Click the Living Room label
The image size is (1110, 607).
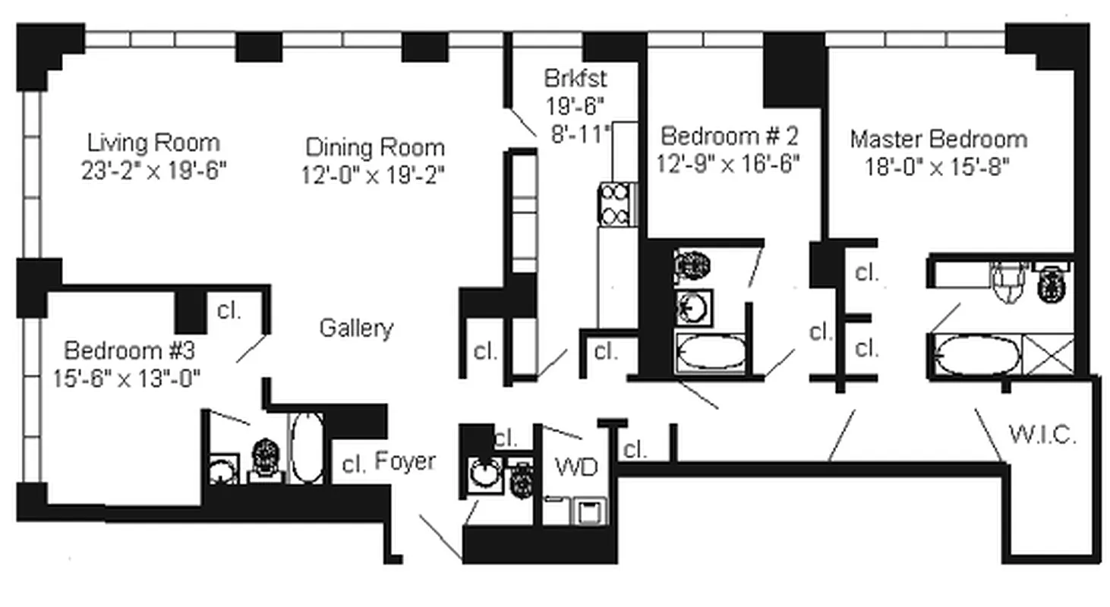point(153,143)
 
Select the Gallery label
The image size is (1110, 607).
point(356,329)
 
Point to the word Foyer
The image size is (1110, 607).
point(405,461)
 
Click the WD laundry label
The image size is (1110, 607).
point(576,467)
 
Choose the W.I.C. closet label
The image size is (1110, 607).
point(1042,436)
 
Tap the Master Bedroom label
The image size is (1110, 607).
point(938,140)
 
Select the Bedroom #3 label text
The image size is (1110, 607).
point(129,351)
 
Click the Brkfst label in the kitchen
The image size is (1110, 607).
point(575,77)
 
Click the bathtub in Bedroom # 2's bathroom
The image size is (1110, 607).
point(711,354)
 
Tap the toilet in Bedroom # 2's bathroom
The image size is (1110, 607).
point(692,266)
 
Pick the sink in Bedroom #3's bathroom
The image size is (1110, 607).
point(222,470)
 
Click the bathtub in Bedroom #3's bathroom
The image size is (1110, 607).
point(307,448)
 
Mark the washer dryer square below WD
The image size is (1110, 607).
point(589,512)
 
